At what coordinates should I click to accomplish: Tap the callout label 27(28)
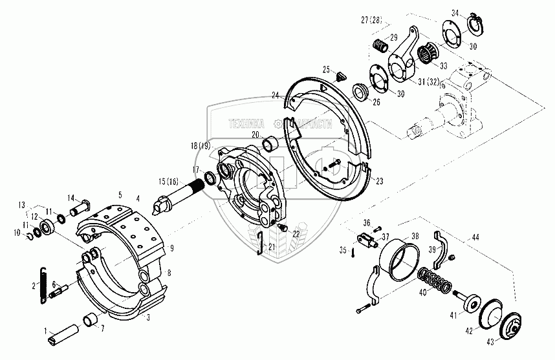pyautogui.click(x=375, y=20)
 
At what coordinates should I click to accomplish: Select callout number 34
pyautogui.click(x=455, y=12)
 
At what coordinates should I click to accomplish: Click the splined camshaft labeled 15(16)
pyautogui.click(x=182, y=193)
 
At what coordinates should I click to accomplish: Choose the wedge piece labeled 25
pyautogui.click(x=338, y=76)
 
